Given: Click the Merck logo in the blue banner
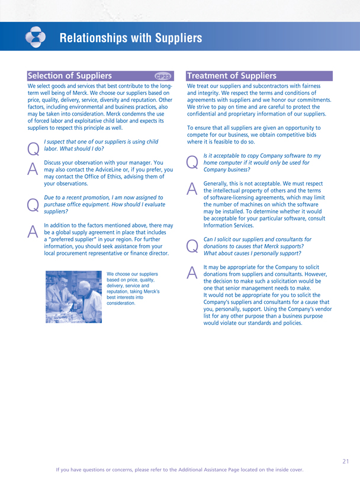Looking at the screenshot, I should [36, 37].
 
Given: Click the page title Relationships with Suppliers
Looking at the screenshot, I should [131, 39].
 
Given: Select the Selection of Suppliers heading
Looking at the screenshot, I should [70, 76].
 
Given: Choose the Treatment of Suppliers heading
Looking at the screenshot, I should [232, 76].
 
